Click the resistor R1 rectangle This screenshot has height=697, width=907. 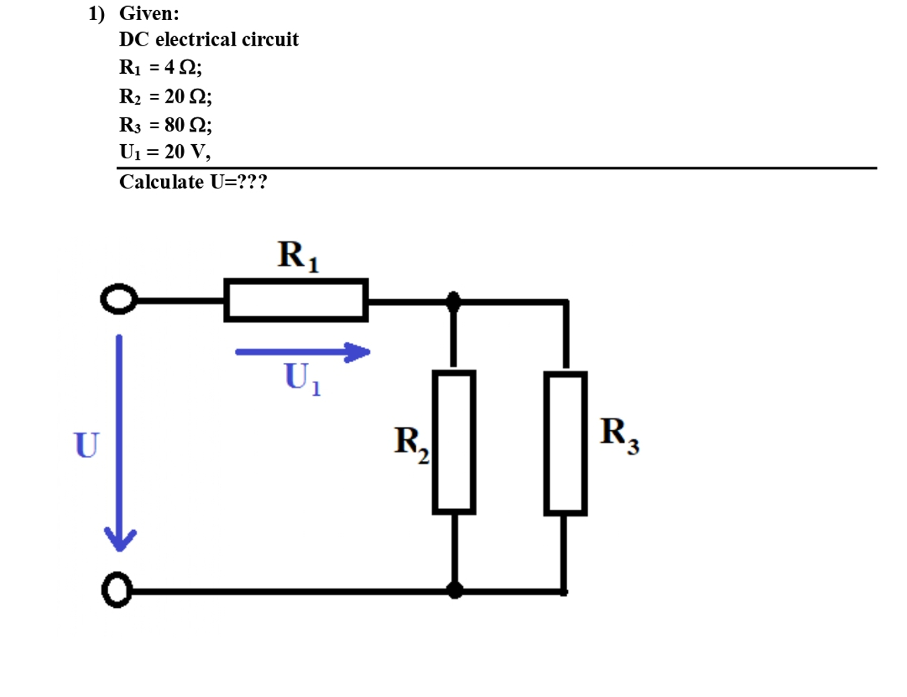tap(295, 300)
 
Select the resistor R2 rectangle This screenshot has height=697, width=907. tap(454, 442)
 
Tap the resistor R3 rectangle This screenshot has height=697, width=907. tap(565, 443)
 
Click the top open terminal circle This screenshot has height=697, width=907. tap(118, 299)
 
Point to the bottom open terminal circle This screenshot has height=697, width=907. tap(117, 590)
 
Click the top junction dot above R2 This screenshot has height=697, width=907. tap(454, 301)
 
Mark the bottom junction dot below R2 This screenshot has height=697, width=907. tap(455, 590)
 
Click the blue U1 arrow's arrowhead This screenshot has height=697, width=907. tap(359, 352)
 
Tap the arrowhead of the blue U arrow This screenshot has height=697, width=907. tap(120, 540)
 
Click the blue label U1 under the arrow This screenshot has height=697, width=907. tap(302, 378)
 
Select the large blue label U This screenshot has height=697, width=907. tap(87, 445)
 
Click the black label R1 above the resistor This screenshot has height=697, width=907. tap(297, 256)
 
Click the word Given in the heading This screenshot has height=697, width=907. tap(148, 13)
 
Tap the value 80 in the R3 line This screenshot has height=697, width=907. tap(174, 125)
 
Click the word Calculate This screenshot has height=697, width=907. tap(161, 182)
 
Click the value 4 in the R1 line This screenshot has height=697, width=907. tap(169, 67)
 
